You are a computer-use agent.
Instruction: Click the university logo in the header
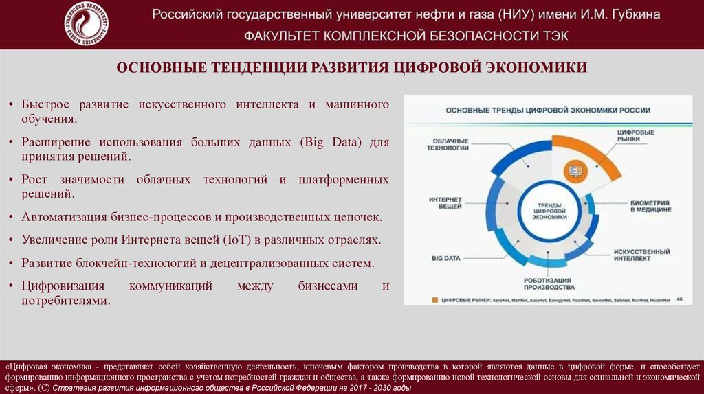pyautogui.click(x=85, y=25)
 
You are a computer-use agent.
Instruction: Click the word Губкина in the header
pyautogui.click(x=632, y=14)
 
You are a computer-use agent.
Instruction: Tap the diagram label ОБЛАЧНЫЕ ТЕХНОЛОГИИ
pyautogui.click(x=448, y=143)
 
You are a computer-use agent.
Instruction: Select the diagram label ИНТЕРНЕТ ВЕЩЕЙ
pyautogui.click(x=445, y=203)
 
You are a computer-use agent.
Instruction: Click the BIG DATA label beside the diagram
pyautogui.click(x=445, y=258)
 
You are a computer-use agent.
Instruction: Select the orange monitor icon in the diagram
pyautogui.click(x=573, y=169)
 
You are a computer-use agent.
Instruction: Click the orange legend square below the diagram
pyautogui.click(x=434, y=300)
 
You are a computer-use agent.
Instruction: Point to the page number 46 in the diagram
pyautogui.click(x=679, y=299)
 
